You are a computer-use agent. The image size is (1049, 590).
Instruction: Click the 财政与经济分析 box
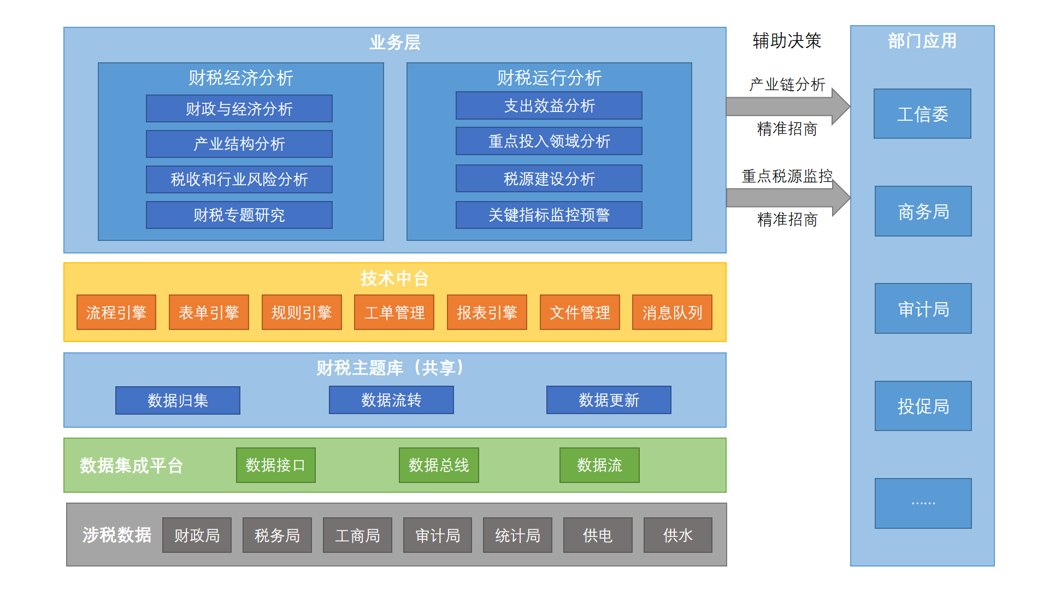point(239,109)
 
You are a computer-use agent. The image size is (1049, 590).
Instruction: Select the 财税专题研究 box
point(239,215)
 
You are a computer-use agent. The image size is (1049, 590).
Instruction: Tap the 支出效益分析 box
point(549,105)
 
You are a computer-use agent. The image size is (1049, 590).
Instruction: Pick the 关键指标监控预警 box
point(549,215)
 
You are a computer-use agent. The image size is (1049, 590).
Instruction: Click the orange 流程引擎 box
point(116,312)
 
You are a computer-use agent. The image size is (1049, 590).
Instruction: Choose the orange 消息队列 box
point(671,312)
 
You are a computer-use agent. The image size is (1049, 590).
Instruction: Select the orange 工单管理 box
point(394,312)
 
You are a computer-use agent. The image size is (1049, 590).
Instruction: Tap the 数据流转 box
point(391,400)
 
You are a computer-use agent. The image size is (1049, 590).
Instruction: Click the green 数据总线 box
point(439,465)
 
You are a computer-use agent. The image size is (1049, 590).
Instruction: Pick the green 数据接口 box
point(275,465)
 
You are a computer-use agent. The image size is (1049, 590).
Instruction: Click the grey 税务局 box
point(277,535)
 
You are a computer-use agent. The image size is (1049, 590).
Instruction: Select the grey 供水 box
point(677,535)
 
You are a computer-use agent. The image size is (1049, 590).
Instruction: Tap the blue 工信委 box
point(922,114)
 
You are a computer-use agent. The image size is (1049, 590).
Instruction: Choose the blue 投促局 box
point(923,406)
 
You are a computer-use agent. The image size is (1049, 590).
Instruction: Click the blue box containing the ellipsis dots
point(923,503)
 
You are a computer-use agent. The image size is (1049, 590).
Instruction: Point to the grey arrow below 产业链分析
point(787,106)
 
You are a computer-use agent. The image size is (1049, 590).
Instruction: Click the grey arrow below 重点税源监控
point(787,197)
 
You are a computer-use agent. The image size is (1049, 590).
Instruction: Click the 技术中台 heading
point(394,279)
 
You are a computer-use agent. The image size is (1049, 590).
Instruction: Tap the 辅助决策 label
point(787,41)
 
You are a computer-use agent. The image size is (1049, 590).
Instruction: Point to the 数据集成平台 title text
point(131,465)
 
